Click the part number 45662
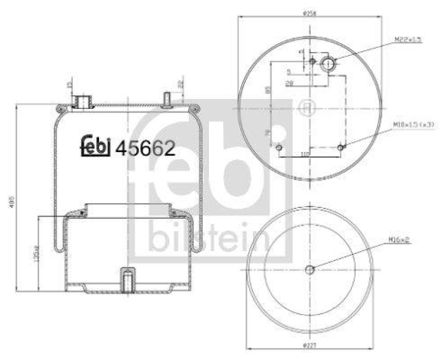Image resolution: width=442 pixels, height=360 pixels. [144, 148]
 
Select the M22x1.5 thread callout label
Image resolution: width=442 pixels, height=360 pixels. [408, 40]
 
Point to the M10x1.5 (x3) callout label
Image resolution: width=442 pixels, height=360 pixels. [414, 124]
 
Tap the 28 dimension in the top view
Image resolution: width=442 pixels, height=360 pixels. [288, 84]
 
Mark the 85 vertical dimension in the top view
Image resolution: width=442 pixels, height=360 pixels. [267, 90]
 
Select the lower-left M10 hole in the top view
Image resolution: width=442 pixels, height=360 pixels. [278, 148]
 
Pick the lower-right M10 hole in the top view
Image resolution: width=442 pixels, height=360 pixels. [341, 148]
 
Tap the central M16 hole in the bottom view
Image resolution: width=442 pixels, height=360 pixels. [309, 269]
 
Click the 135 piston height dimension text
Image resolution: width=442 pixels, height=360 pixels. [34, 254]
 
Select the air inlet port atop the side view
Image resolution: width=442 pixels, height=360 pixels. [83, 101]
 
